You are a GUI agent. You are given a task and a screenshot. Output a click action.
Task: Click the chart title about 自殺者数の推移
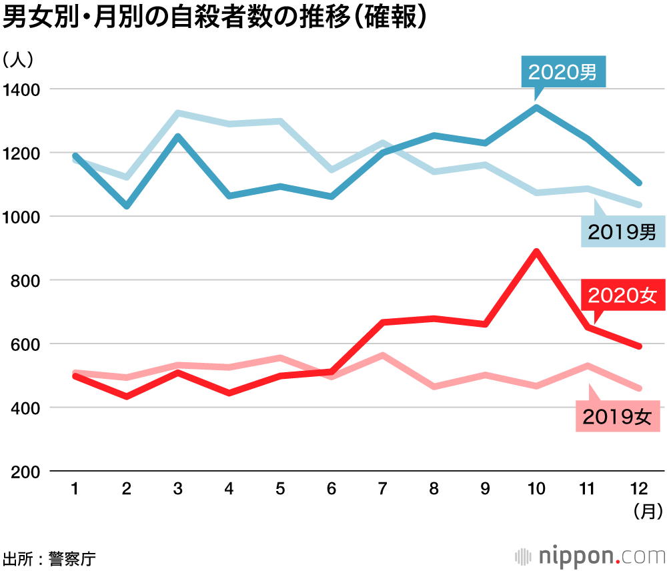213,18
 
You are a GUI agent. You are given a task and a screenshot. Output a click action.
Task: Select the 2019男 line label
622,231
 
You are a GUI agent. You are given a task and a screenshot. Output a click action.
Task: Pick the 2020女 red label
622,295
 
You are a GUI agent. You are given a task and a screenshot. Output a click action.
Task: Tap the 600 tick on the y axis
25,344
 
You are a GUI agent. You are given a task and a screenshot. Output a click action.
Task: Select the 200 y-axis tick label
25,472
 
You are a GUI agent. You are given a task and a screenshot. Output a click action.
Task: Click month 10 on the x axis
536,490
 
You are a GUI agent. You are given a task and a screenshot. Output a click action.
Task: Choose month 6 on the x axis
331,490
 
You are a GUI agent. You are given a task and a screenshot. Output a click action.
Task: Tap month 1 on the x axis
75,490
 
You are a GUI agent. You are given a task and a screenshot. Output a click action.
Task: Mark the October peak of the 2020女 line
536,251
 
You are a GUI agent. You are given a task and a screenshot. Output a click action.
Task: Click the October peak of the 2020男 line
536,107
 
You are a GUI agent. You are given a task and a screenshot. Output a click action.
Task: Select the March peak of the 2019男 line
177,113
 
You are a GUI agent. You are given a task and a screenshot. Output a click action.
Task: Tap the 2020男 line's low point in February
126,205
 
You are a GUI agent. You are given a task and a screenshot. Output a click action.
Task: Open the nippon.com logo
590,555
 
